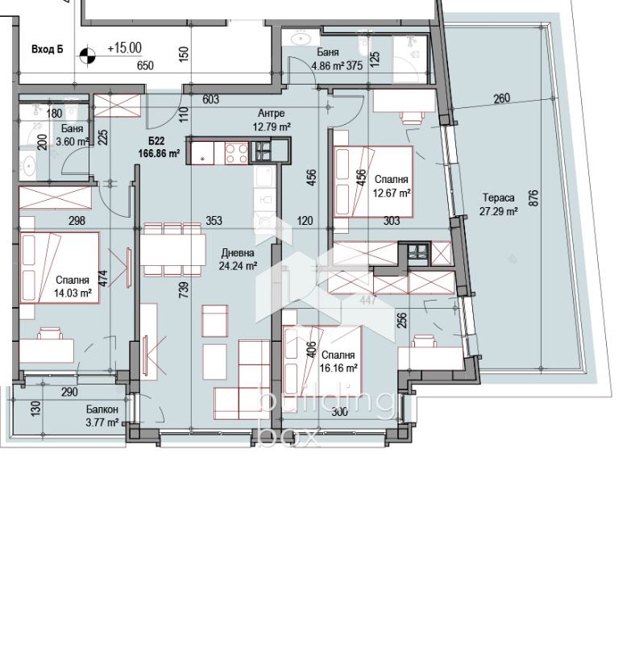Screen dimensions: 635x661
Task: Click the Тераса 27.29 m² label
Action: click(x=499, y=205)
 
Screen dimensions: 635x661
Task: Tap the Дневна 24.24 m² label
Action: click(x=238, y=260)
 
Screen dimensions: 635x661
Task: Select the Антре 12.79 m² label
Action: click(x=272, y=120)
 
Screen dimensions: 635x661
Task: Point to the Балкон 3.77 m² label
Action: click(x=102, y=416)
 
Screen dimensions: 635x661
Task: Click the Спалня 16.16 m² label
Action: click(x=338, y=362)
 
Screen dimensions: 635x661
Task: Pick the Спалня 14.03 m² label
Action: click(x=73, y=287)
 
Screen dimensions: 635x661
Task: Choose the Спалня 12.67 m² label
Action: click(x=392, y=186)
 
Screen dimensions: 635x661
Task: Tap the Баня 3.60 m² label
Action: click(x=72, y=135)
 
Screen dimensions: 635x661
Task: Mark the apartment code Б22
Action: click(x=156, y=141)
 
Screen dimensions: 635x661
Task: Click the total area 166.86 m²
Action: click(x=159, y=153)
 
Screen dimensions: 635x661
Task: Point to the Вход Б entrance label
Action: click(x=48, y=49)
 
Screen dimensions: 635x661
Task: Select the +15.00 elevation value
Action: click(x=125, y=48)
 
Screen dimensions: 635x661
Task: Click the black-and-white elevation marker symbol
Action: click(x=88, y=55)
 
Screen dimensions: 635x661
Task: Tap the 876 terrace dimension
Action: click(x=533, y=197)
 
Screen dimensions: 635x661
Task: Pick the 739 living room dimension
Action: click(x=184, y=290)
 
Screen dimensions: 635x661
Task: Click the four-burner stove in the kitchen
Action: click(x=237, y=153)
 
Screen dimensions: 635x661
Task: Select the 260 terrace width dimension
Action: click(x=501, y=98)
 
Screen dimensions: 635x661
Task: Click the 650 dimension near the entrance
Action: click(x=145, y=66)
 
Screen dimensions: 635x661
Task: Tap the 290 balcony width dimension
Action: click(x=69, y=392)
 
